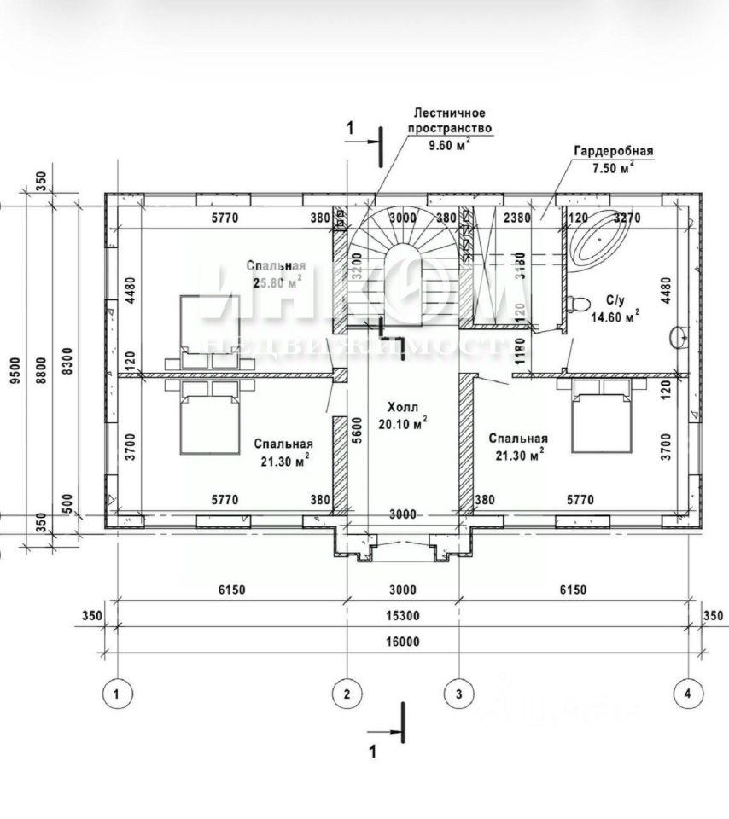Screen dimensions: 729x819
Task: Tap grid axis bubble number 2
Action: click(x=347, y=694)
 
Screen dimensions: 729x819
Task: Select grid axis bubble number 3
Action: click(x=459, y=694)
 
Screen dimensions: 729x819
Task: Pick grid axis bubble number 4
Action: click(x=687, y=694)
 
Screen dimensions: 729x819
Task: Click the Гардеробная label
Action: click(x=613, y=152)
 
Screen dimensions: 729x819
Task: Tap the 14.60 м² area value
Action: click(x=615, y=316)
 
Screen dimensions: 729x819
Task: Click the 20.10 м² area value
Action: click(x=402, y=423)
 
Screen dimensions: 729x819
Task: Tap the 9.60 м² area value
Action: click(x=449, y=144)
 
